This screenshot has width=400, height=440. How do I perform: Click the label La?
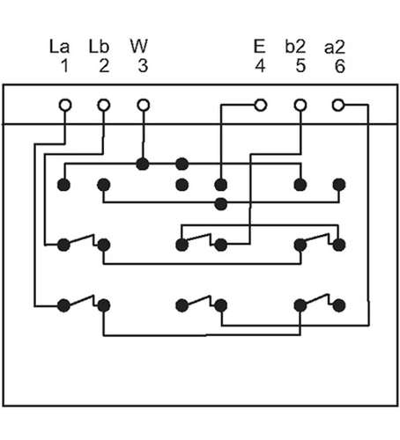59,47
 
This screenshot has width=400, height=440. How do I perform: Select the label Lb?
99,47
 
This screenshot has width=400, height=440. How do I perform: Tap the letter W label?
139,47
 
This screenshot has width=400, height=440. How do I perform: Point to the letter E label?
259,47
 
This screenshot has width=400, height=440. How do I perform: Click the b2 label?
295,47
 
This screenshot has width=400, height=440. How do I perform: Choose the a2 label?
335,48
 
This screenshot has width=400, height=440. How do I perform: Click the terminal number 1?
64,66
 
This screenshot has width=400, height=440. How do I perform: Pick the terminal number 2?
104,66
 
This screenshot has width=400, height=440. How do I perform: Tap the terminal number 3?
143,66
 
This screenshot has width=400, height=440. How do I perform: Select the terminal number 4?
260,66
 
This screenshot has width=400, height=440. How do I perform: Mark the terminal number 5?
300,66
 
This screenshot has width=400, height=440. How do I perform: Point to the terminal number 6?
340,66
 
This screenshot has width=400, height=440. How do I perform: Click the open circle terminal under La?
65,105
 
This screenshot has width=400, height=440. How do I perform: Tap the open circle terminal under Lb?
104,105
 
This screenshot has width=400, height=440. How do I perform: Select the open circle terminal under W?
144,105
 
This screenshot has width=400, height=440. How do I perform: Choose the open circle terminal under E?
260,105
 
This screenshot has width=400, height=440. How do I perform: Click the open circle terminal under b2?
300,105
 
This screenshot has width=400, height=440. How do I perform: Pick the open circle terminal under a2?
338,105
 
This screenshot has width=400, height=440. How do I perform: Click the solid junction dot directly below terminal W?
143,164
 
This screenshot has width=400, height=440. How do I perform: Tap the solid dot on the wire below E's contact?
221,204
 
